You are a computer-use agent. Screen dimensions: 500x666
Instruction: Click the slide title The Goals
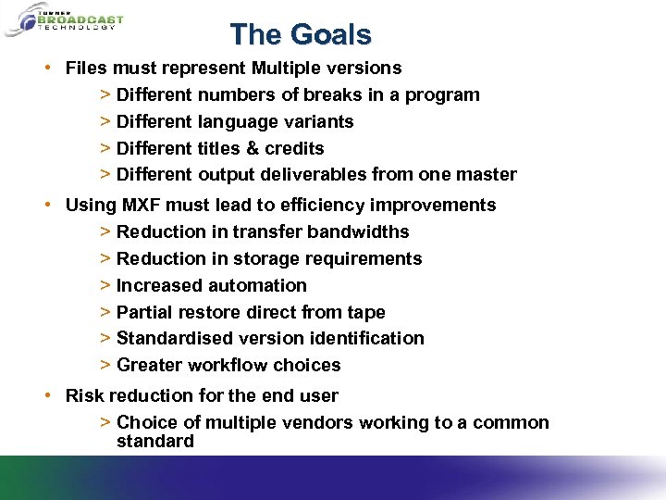click(301, 34)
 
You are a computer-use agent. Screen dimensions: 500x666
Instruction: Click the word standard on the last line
click(155, 441)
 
